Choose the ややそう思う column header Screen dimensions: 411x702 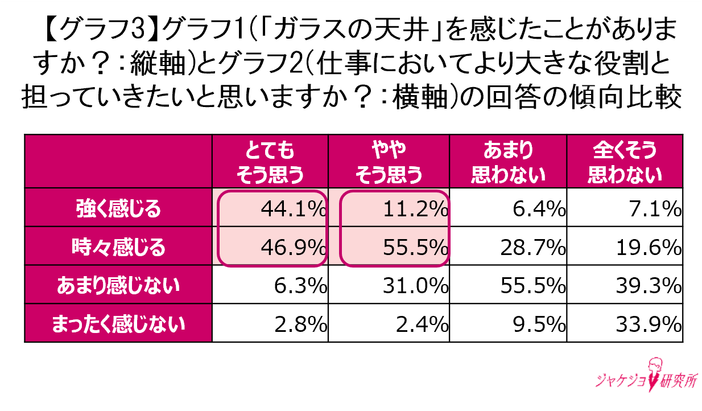[389, 163]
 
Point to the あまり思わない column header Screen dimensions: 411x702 [508, 163]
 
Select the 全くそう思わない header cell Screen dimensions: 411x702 [625, 163]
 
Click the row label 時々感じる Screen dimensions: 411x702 [118, 248]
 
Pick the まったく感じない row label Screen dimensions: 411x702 [118, 323]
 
